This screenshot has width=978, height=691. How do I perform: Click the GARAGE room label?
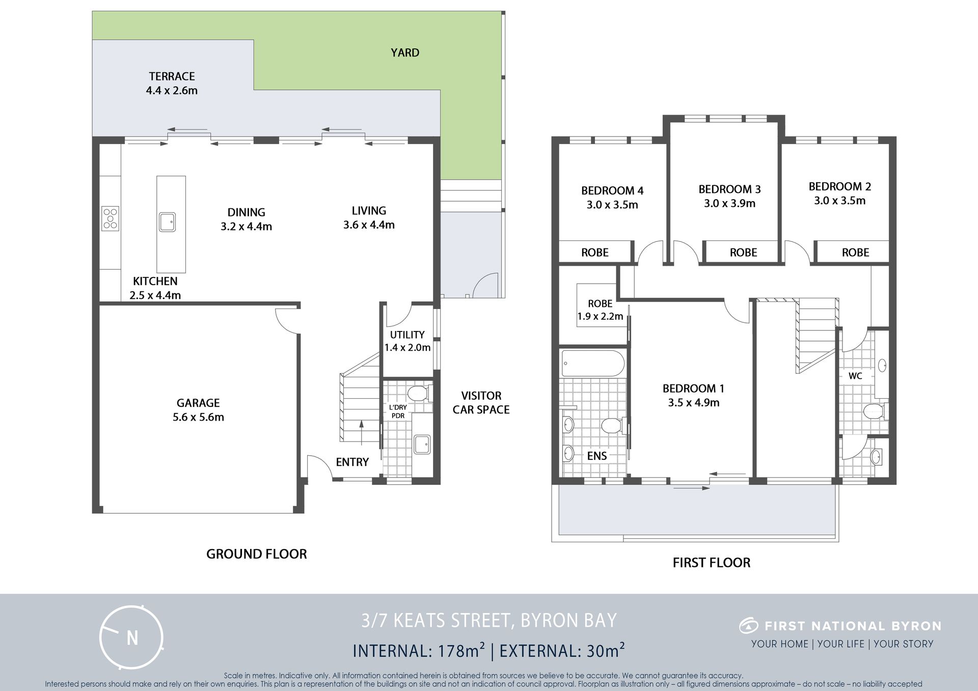198,403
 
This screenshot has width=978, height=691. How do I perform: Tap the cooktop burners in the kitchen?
110,218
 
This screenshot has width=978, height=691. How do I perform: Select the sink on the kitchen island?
167,222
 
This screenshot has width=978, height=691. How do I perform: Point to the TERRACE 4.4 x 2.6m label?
172,83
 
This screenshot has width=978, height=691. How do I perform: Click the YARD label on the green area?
405,52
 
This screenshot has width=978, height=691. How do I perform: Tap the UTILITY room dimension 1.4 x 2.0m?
407,347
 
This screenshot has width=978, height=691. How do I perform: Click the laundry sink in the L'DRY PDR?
422,444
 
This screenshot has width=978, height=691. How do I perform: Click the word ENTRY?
352,462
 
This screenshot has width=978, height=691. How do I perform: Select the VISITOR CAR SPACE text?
481,402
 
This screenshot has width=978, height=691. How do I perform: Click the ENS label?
597,456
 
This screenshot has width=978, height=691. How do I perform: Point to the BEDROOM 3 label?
729,189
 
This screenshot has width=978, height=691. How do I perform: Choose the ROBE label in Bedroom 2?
855,252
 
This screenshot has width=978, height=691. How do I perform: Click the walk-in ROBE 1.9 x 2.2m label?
600,310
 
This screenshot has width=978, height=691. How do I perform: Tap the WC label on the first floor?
855,376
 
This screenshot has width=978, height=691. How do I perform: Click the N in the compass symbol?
132,638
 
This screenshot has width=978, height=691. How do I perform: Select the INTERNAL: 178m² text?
419,650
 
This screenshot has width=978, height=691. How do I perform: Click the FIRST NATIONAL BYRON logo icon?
749,625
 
